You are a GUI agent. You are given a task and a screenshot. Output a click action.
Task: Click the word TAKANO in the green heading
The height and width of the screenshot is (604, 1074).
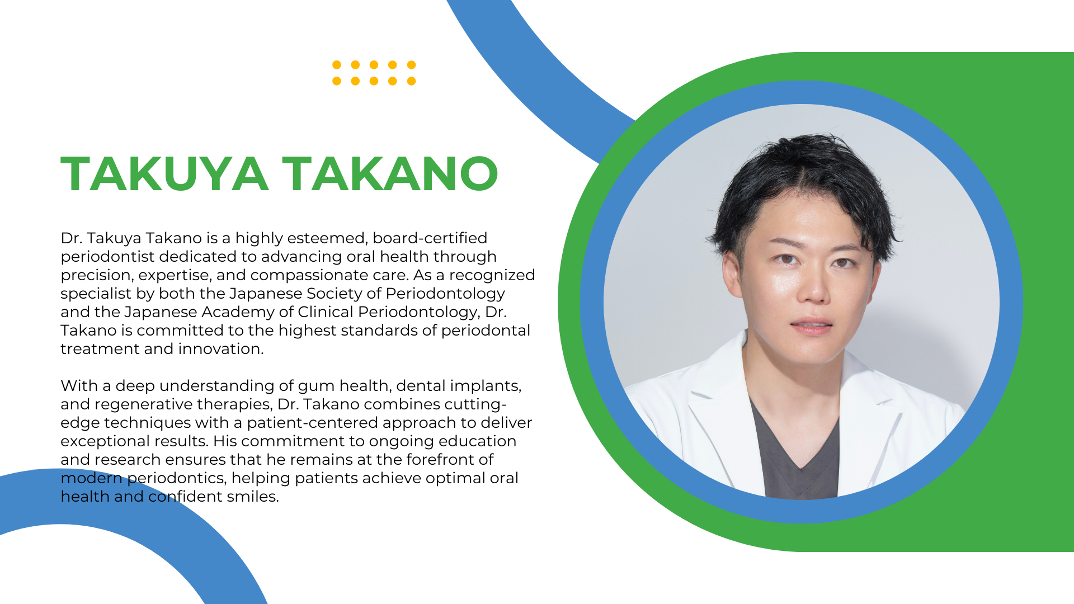(390, 174)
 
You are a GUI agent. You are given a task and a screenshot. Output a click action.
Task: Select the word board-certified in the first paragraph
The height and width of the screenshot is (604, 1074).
(430, 238)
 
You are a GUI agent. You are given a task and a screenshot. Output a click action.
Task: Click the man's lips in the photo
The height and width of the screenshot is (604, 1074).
(812, 327)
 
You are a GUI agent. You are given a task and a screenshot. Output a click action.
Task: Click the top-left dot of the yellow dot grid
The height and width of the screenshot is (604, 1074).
(337, 65)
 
